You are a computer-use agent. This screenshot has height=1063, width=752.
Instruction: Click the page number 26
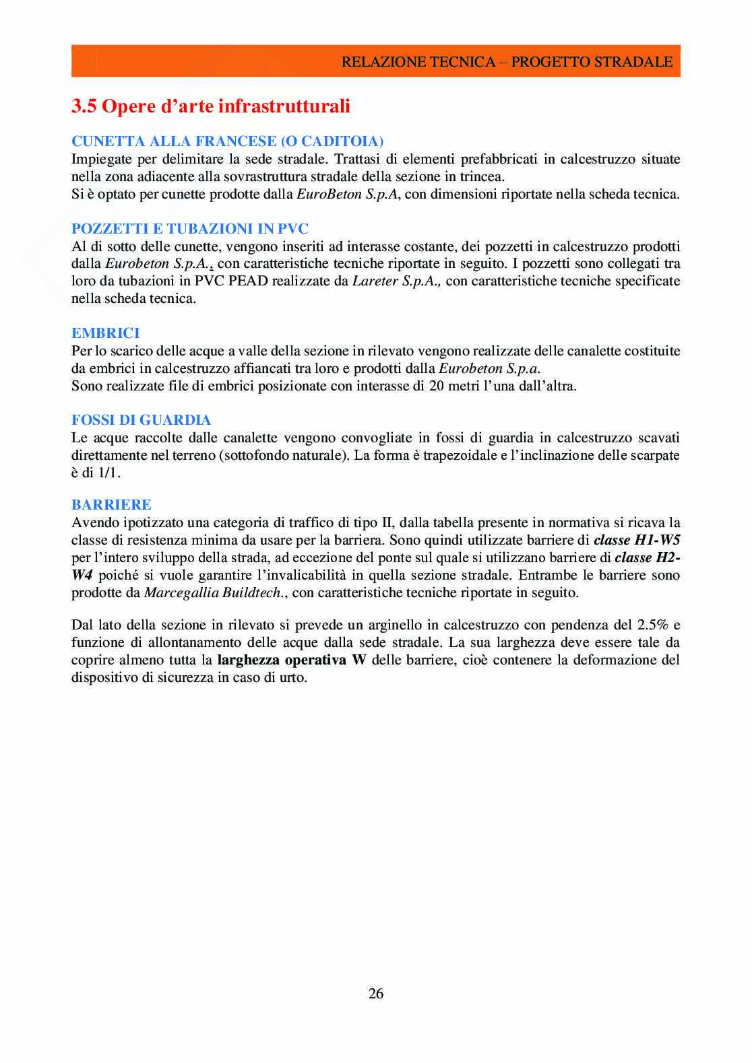click(x=376, y=993)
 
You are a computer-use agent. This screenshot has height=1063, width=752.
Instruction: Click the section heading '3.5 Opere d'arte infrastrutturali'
click(x=211, y=106)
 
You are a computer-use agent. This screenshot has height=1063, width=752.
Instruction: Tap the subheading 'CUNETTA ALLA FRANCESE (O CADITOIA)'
click(x=227, y=141)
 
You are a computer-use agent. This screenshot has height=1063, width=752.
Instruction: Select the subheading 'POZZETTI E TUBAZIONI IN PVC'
click(x=190, y=229)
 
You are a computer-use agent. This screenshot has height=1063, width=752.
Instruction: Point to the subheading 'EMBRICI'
click(x=106, y=333)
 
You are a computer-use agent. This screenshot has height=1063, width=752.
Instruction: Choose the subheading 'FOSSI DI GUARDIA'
click(x=142, y=420)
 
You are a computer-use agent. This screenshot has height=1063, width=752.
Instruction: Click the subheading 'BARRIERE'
click(x=111, y=505)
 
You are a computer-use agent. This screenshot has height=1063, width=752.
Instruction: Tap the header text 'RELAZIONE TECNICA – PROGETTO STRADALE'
click(x=507, y=62)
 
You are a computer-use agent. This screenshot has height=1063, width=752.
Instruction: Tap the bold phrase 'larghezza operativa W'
click(x=291, y=660)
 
